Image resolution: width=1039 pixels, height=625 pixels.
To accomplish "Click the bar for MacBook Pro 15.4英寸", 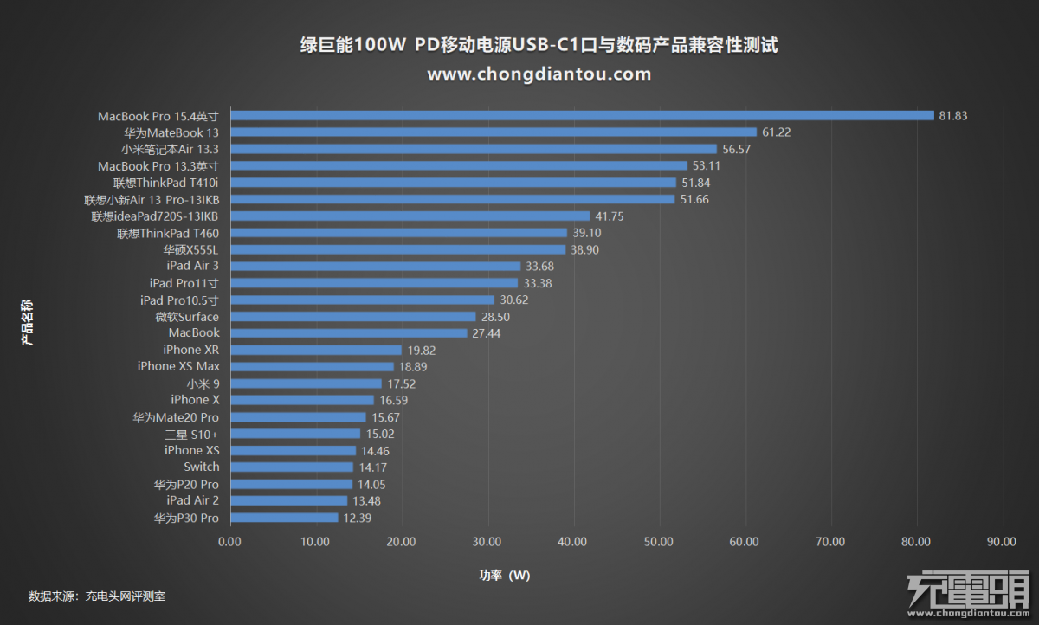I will tap(582, 115).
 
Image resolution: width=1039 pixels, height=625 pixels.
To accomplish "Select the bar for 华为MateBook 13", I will tap(494, 132).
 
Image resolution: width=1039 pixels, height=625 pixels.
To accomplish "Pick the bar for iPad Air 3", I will tap(375, 266).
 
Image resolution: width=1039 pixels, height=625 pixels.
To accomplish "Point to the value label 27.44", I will tap(487, 333).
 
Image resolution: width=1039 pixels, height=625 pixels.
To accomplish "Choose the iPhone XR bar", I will tap(316, 350).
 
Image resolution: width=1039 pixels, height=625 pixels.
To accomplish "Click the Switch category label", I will tap(202, 467).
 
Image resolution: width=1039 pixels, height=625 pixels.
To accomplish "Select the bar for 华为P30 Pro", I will tap(284, 518).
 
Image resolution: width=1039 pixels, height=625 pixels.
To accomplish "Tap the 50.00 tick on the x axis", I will tap(659, 541).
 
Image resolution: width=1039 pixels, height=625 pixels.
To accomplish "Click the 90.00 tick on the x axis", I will tap(1002, 541).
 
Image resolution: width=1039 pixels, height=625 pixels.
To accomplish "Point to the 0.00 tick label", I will tap(229, 541).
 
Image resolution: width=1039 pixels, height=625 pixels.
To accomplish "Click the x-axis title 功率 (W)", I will tap(505, 575).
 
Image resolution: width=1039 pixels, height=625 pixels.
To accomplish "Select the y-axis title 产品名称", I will tap(28, 322).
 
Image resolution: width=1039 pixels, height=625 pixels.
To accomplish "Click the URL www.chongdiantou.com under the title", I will tap(539, 74).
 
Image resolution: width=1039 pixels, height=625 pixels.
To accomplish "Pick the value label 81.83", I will tap(953, 116).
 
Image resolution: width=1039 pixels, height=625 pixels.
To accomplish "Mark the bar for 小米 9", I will tap(306, 383).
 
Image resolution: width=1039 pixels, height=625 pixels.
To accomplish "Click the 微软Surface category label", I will tap(188, 317).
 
